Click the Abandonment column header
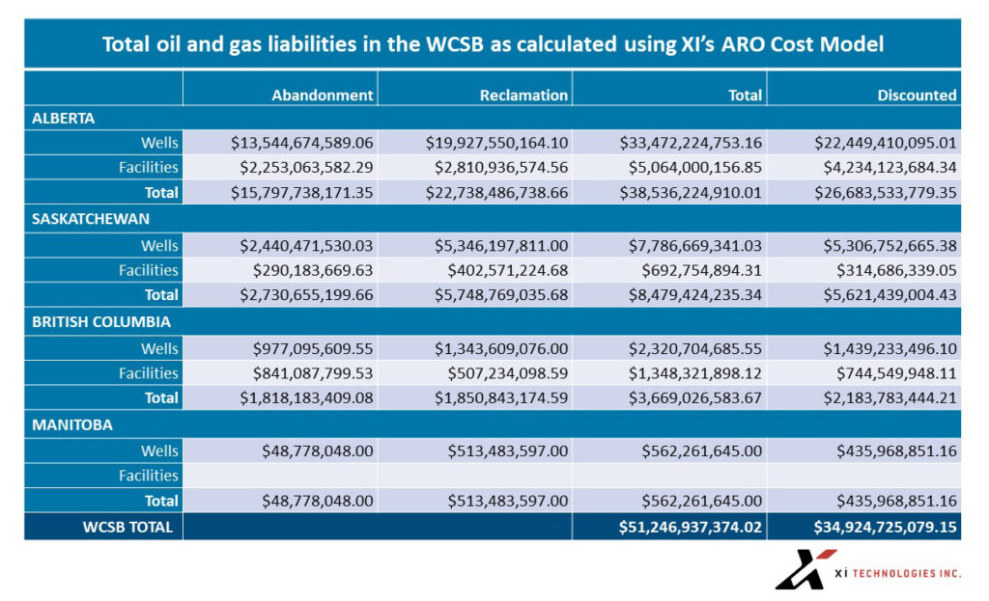click(322, 95)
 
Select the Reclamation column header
click(523, 95)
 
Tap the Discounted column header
click(917, 95)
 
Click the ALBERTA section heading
click(64, 118)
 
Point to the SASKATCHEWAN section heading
click(91, 219)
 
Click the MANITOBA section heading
click(71, 424)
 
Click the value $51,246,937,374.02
click(691, 527)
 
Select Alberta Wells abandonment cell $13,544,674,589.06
click(301, 143)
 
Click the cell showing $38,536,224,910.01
click(691, 192)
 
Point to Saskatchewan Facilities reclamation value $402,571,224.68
click(506, 270)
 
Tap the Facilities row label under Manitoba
click(148, 476)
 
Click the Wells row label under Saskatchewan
click(159, 245)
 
